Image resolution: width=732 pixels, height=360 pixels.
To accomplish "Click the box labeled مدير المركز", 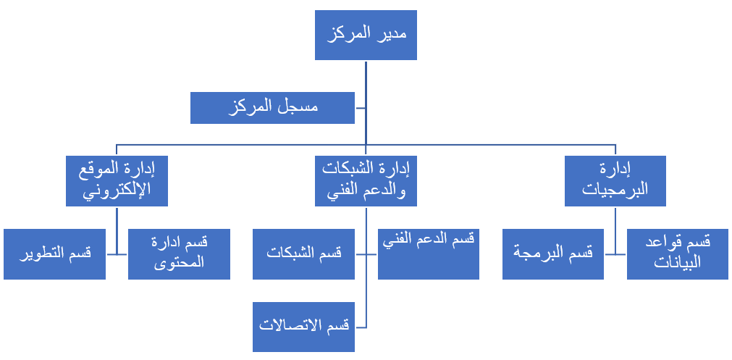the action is point(366,35).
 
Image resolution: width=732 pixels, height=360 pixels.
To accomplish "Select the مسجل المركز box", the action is point(272,108).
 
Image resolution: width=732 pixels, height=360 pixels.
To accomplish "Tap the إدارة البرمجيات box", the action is point(615,181).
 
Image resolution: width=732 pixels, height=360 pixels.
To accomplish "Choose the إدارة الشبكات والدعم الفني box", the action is point(366,181).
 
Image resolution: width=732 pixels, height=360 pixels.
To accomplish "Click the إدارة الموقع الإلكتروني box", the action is point(117,181).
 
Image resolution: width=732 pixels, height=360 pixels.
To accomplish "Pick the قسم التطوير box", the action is point(54,254).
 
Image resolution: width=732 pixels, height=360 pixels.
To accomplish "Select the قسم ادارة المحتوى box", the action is point(180,254).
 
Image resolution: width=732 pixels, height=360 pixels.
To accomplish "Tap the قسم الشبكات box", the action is point(303,254).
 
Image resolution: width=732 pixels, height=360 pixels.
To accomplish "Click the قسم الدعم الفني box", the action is point(428,254).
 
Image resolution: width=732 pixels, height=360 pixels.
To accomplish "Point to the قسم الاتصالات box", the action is point(303,327).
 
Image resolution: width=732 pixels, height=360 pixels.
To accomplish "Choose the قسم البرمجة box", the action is point(552,254).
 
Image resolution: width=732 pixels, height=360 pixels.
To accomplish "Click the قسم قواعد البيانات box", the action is point(678,254).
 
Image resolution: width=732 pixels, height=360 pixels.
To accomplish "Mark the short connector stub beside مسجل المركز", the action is point(360,108).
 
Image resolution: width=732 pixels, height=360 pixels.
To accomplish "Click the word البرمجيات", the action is point(615,190).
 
